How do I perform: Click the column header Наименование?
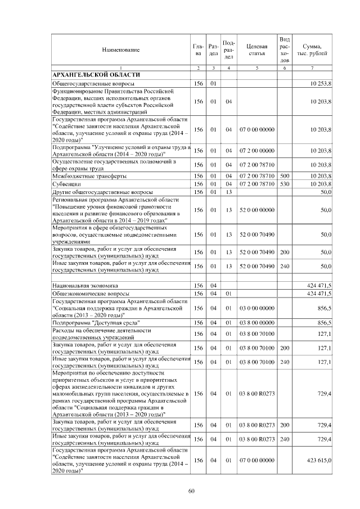click(x=121, y=50)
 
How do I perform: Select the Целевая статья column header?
click(x=256, y=49)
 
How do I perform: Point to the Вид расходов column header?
click(x=285, y=49)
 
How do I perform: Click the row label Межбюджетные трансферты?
click(x=82, y=177)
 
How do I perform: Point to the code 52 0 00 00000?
click(x=256, y=210)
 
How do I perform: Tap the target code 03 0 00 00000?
click(x=256, y=308)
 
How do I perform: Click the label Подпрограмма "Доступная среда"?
click(x=93, y=323)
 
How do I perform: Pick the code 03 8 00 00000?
click(x=256, y=323)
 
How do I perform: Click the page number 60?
click(x=191, y=492)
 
